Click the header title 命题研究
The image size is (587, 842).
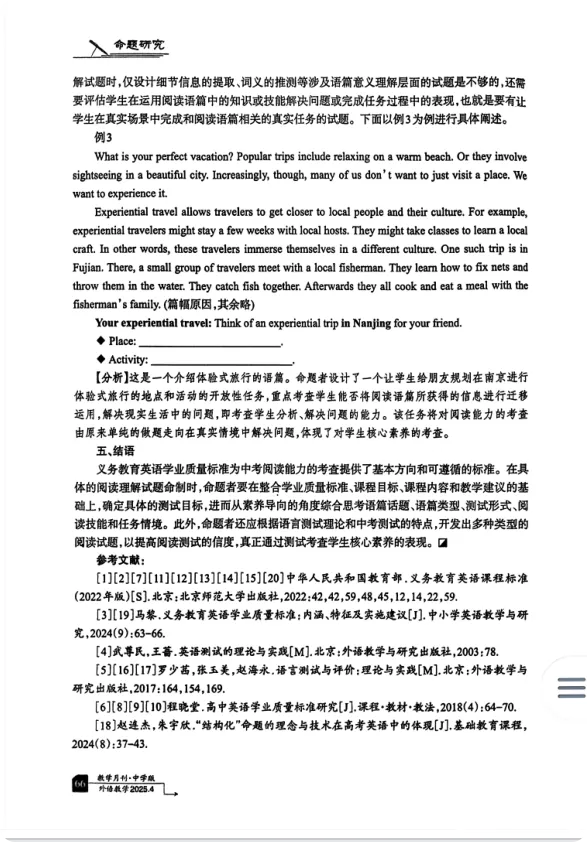click(140, 44)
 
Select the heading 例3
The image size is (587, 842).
click(104, 137)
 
